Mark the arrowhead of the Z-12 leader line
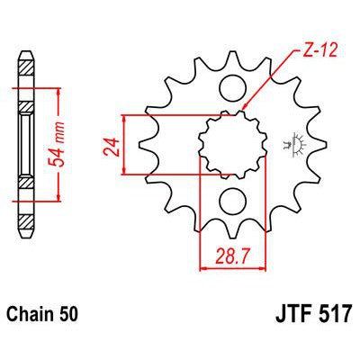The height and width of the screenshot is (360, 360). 244,111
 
